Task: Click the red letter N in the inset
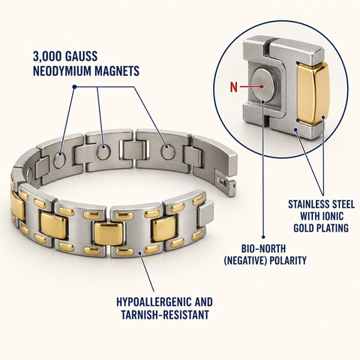tap(233, 87)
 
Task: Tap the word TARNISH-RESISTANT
tap(165, 314)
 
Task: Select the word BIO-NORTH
tap(263, 249)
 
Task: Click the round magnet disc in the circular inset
tap(262, 85)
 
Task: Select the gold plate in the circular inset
tap(312, 93)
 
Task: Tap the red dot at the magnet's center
tap(262, 86)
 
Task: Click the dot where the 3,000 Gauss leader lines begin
tap(74, 87)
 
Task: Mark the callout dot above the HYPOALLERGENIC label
tap(140, 253)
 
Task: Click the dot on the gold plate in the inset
tap(323, 117)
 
